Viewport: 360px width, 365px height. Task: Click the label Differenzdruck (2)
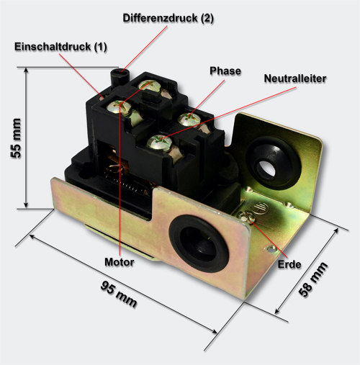click(168, 18)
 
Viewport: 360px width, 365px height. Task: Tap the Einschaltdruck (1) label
click(60, 47)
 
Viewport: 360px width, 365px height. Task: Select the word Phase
click(225, 71)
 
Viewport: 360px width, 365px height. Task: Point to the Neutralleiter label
click(295, 78)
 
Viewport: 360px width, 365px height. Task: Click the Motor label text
click(120, 262)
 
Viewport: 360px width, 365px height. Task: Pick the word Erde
click(289, 264)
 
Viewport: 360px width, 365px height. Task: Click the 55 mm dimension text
click(17, 138)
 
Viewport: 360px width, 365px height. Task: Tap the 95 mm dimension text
click(119, 294)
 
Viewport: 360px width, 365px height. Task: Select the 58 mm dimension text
click(312, 279)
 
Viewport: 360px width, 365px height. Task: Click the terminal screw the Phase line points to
click(189, 120)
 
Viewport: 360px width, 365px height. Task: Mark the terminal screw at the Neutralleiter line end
click(159, 142)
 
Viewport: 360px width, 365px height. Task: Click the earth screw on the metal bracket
click(246, 217)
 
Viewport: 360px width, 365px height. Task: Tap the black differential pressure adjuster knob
click(120, 76)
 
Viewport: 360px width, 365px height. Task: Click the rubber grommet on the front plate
click(199, 243)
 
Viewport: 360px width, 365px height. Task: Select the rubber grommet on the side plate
click(274, 163)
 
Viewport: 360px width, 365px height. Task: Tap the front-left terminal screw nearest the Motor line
click(119, 107)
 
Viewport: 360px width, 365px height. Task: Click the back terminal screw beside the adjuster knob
click(149, 86)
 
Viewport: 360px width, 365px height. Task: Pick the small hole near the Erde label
click(271, 249)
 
